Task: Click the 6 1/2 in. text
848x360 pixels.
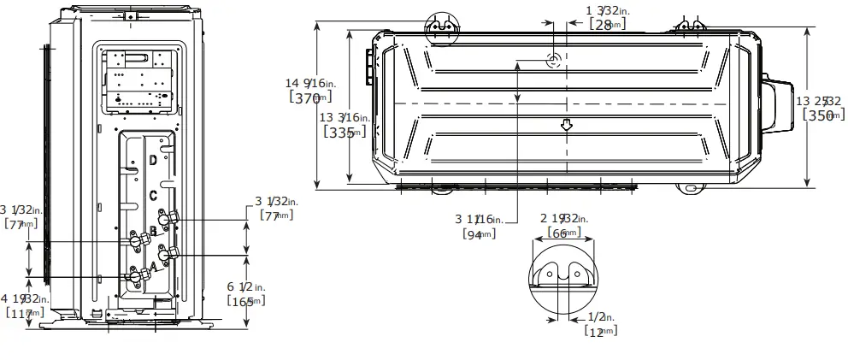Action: pyautogui.click(x=246, y=286)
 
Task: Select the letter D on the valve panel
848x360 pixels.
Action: pyautogui.click(x=153, y=160)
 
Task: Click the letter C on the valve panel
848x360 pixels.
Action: pyautogui.click(x=153, y=195)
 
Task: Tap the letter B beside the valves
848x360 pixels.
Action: pyautogui.click(x=153, y=231)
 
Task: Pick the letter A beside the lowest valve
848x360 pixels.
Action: pyautogui.click(x=153, y=267)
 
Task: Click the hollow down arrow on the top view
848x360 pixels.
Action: pyautogui.click(x=565, y=125)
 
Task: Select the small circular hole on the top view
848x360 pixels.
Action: pyautogui.click(x=553, y=60)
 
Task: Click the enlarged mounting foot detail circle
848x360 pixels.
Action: pyautogui.click(x=562, y=274)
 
